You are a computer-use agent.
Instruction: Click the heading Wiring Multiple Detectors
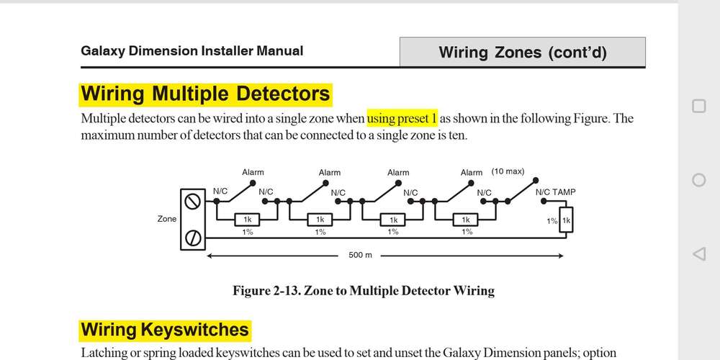(x=205, y=94)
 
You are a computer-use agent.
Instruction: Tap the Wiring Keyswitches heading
(x=165, y=330)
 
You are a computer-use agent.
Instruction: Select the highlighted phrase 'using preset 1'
(x=402, y=118)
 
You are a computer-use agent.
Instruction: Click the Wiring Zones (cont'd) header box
(x=523, y=52)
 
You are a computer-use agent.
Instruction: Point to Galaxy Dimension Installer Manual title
(x=192, y=51)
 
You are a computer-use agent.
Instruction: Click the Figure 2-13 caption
(x=364, y=291)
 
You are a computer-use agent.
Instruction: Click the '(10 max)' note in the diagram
(x=508, y=172)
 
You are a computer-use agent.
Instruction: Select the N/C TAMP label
(x=555, y=193)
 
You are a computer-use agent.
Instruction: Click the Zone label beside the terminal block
(x=166, y=219)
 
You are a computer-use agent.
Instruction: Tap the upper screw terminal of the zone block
(x=192, y=202)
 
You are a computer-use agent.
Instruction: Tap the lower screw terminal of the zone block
(x=192, y=236)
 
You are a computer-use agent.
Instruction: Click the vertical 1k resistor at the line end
(x=566, y=221)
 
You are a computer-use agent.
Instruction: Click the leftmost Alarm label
(x=253, y=173)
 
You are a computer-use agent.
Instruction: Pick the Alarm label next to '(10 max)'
(x=472, y=173)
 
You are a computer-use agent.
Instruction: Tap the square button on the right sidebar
(x=698, y=107)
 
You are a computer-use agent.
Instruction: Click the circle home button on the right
(x=698, y=180)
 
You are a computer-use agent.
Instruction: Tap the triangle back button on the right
(x=698, y=253)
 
